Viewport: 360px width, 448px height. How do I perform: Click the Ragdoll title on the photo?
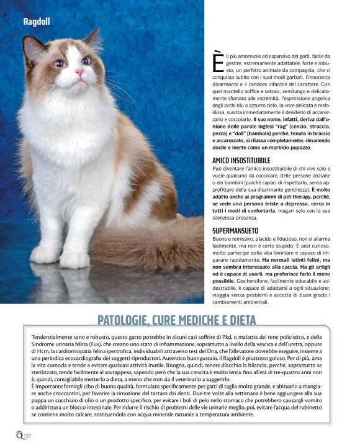click(x=37, y=22)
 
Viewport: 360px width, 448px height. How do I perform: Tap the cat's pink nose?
click(x=79, y=72)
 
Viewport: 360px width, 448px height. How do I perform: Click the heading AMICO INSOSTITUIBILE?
click(x=241, y=161)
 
